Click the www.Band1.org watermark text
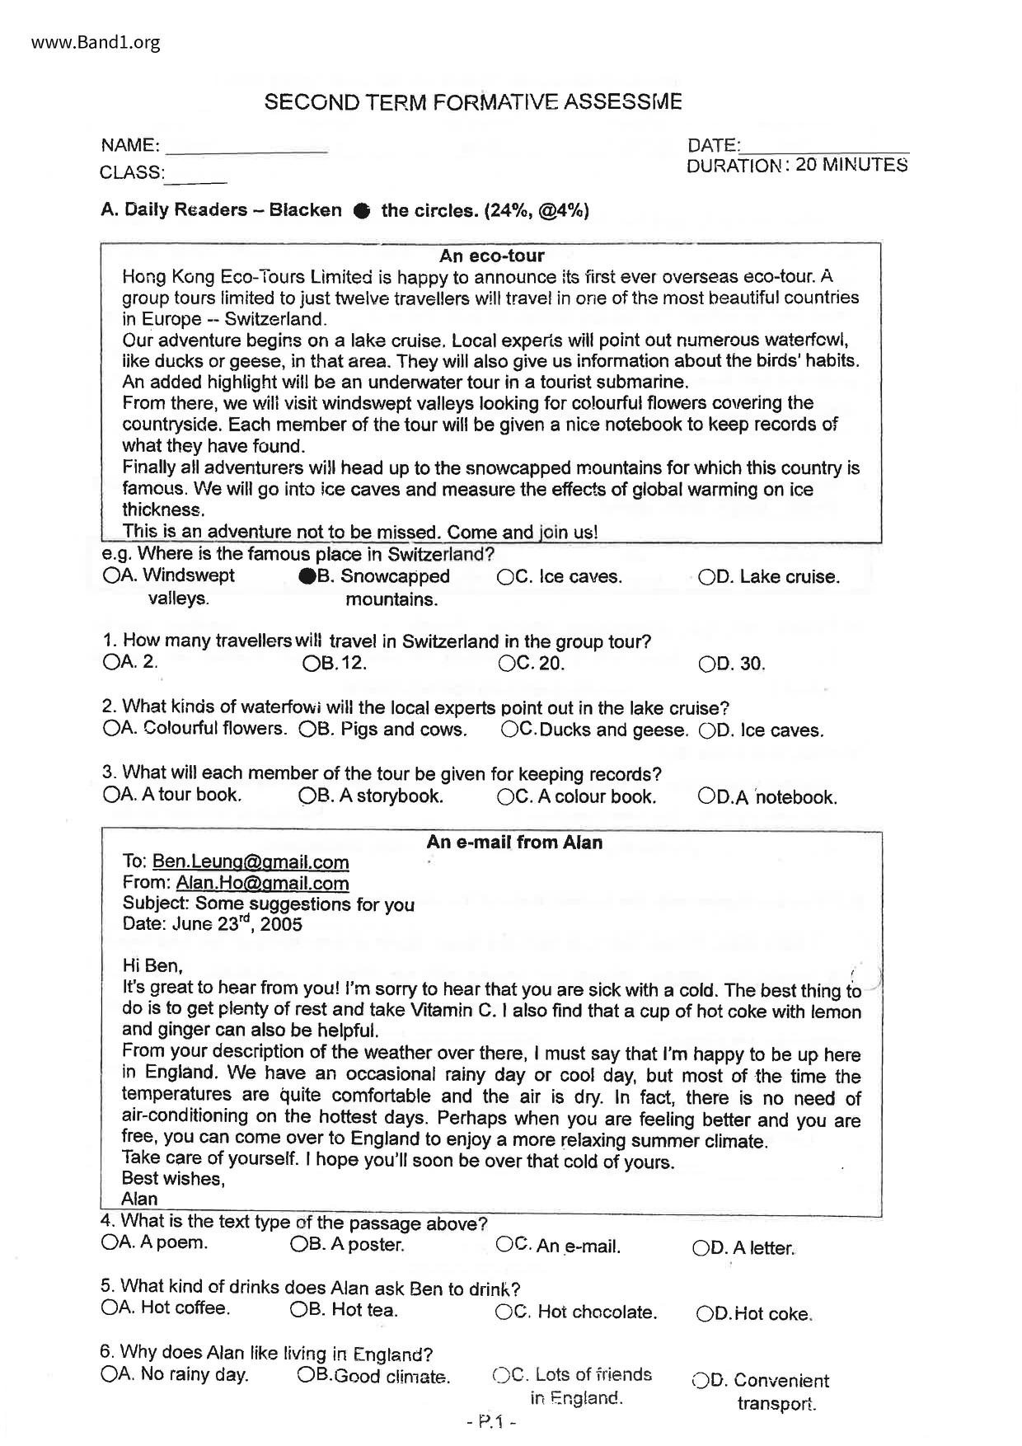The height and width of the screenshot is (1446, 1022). tap(96, 43)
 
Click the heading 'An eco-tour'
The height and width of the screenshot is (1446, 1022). tap(491, 256)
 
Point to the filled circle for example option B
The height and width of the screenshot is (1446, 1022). tap(307, 577)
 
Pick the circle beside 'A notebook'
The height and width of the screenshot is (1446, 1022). tap(706, 796)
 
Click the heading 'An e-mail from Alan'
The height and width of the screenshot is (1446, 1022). tap(514, 843)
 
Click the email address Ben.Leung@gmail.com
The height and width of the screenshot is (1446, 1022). tap(251, 862)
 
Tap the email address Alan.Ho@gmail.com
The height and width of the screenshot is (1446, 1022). tap(262, 883)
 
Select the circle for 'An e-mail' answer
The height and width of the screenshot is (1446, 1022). tap(504, 1244)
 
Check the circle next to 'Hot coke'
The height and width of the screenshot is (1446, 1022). tap(706, 1314)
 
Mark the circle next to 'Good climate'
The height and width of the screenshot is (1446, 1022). tap(306, 1374)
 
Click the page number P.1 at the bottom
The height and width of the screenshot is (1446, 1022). tap(491, 1421)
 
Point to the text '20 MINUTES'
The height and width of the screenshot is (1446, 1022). tap(852, 165)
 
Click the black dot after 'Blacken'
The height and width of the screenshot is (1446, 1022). tap(361, 211)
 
